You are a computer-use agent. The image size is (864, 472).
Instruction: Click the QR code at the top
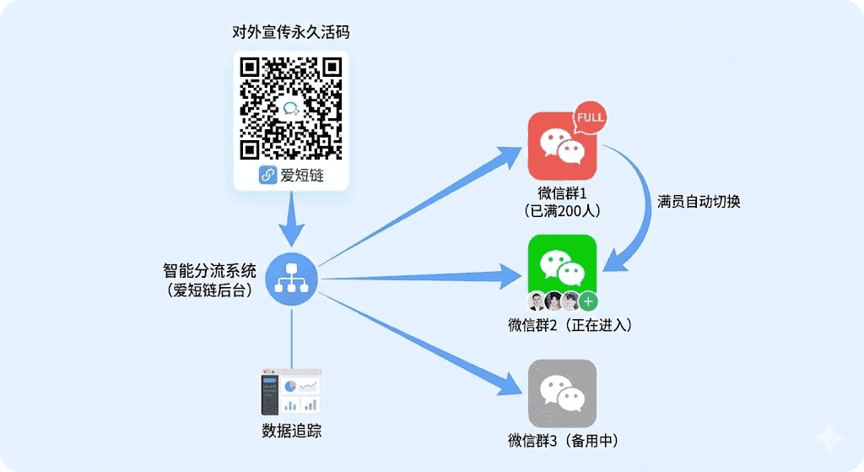290,107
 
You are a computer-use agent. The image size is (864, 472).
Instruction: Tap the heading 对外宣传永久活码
290,33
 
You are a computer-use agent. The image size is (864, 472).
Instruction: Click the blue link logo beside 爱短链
268,176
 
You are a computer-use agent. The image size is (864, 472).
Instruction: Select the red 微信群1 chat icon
560,146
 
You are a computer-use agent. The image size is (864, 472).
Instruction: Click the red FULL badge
591,118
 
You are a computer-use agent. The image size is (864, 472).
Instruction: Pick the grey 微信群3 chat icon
562,393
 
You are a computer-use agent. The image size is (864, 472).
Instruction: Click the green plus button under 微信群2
588,301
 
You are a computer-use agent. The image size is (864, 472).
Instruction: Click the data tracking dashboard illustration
291,391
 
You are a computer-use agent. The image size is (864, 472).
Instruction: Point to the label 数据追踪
291,431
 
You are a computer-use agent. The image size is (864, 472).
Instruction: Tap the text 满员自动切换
699,203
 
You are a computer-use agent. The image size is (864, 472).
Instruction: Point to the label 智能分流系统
208,272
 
